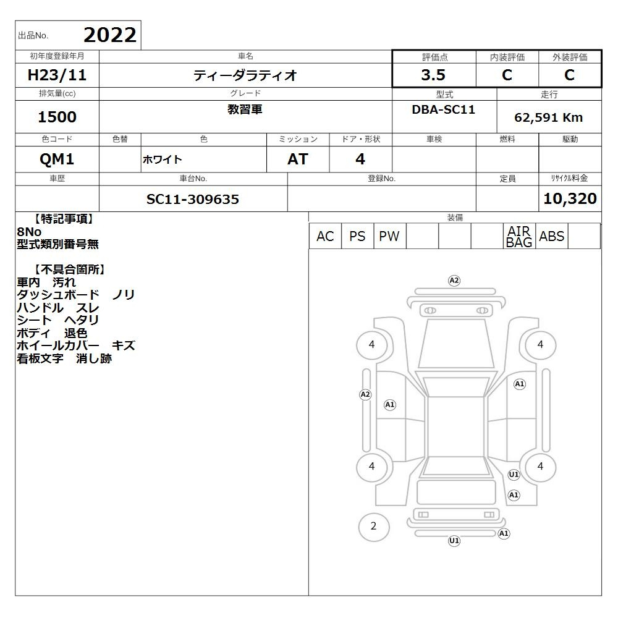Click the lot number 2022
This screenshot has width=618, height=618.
(x=110, y=35)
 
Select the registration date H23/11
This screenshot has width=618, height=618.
(x=57, y=75)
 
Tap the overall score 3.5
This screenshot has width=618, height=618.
(x=433, y=75)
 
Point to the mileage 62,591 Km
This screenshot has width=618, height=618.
(x=548, y=117)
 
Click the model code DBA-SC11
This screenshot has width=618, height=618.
(x=443, y=109)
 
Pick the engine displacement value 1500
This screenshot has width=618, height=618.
(x=57, y=117)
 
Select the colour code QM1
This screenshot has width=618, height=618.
(x=57, y=159)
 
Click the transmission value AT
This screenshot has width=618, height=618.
(x=298, y=159)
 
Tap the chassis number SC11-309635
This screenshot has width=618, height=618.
(x=193, y=199)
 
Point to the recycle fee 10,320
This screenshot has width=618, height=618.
(x=570, y=198)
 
